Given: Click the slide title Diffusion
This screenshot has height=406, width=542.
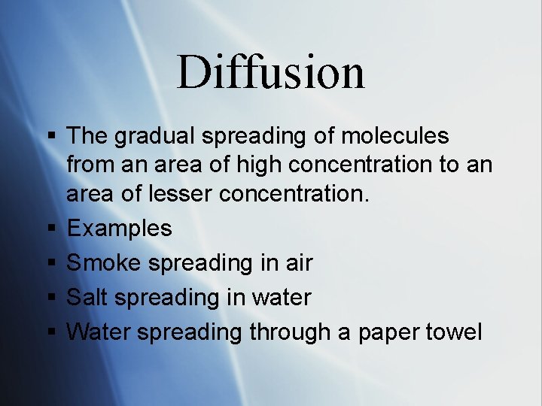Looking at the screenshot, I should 270,72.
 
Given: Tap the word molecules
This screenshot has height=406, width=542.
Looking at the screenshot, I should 394,137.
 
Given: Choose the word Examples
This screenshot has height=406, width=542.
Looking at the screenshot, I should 119,229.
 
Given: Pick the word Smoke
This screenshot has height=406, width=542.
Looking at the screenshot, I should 105,263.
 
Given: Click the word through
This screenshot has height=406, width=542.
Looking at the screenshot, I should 291,332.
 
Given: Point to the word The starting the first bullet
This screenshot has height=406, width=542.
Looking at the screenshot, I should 87,137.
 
